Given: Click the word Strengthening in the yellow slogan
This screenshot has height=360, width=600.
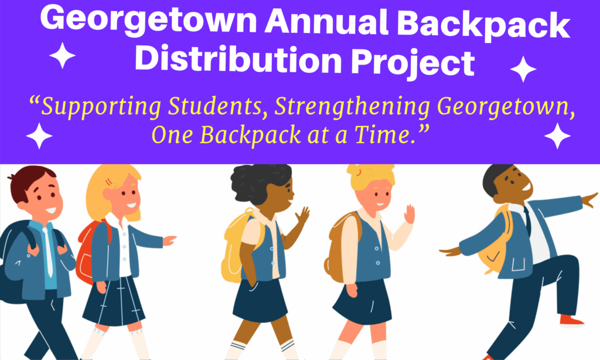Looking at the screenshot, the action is point(352,108).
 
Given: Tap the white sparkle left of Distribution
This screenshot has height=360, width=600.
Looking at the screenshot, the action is point(62,56).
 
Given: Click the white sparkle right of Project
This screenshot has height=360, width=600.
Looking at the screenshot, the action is point(523,69).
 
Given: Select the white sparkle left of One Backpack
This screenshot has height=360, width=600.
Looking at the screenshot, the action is point(39,136).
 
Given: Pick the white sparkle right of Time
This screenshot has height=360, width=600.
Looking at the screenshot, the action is point(558,136).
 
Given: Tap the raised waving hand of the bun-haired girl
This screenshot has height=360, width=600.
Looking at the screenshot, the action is point(410,214).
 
